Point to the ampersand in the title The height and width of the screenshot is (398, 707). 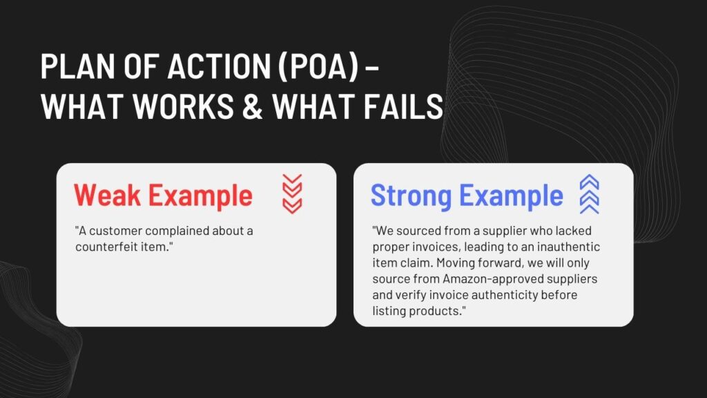tap(253, 106)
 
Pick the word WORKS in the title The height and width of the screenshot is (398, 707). tap(183, 106)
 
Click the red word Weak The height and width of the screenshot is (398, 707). tap(107, 195)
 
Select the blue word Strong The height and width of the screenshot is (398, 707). tap(411, 196)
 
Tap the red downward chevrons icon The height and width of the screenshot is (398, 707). tap(292, 193)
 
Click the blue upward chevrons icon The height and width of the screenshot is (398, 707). tap(590, 194)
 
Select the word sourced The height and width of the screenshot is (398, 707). tap(419, 231)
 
